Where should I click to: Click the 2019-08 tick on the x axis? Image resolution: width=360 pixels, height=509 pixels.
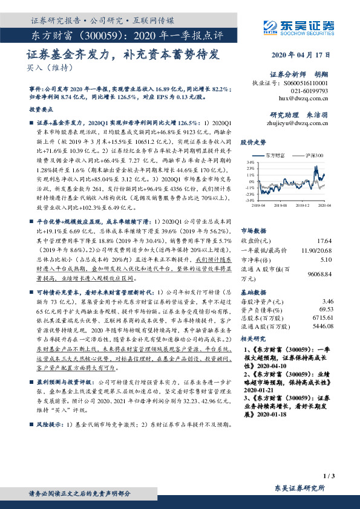(x=282, y=206)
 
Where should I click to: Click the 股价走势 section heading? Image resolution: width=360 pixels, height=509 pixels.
(x=254, y=143)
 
